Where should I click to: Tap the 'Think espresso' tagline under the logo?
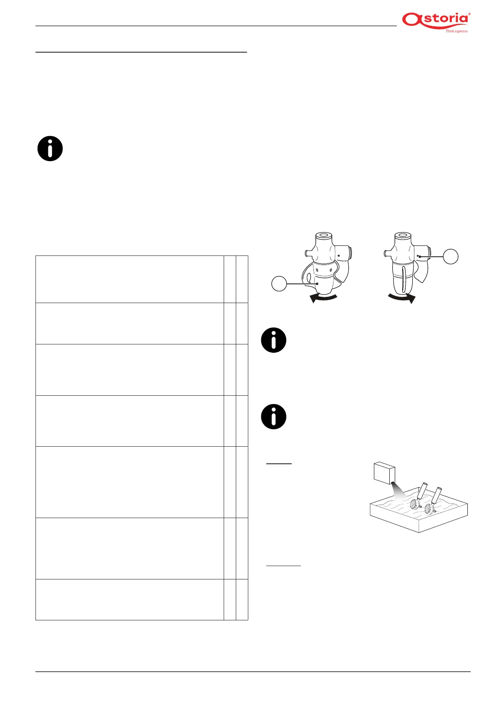456,31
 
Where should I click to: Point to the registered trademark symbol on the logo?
469,14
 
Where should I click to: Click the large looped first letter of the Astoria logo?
411,20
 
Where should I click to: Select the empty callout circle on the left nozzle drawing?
279,284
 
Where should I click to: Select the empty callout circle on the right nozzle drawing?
451,256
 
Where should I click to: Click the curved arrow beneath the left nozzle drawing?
323,297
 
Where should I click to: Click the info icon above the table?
50,149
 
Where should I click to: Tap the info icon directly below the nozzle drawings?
274,340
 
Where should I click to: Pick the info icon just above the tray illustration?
274,417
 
